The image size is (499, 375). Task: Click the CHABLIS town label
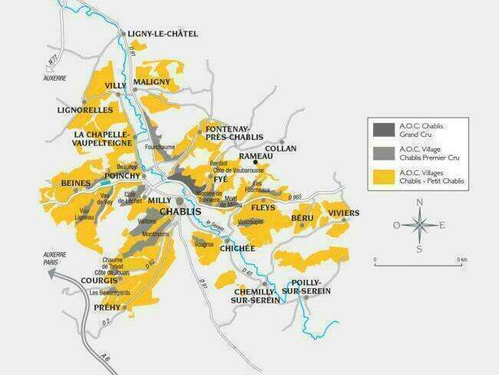click(x=180, y=211)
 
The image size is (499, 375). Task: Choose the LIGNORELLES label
click(x=84, y=111)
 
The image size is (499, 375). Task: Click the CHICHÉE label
click(x=236, y=248)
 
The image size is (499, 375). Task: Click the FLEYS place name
click(x=263, y=207)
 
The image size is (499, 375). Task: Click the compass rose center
click(x=418, y=225)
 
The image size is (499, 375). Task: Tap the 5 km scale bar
click(x=418, y=265)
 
